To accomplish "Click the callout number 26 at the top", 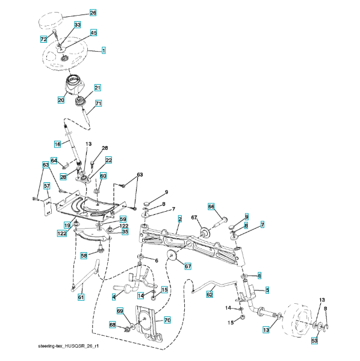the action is coord(93,13).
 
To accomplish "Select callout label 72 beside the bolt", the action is coord(43,39).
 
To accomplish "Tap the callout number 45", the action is coord(93,32).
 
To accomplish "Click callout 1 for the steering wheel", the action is coord(104,51).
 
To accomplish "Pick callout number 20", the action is coord(61,100).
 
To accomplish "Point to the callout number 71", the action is coord(98,103).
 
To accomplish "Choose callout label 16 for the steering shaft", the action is coord(57,144).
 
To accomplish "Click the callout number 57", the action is coord(47,185).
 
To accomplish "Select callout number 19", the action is coord(67,225).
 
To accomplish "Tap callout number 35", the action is coord(125,232).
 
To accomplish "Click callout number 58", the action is coord(84,256).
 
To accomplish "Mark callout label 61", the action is coord(81,297).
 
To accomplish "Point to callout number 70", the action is coord(167,320).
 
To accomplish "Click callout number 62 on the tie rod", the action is coord(209,294).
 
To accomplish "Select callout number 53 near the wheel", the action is coord(314,341).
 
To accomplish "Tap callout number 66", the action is coord(211,206).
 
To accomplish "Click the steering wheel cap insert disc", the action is coord(51,20).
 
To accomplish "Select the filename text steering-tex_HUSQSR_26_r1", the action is coord(69,347).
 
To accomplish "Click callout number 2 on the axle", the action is coord(180,219).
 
